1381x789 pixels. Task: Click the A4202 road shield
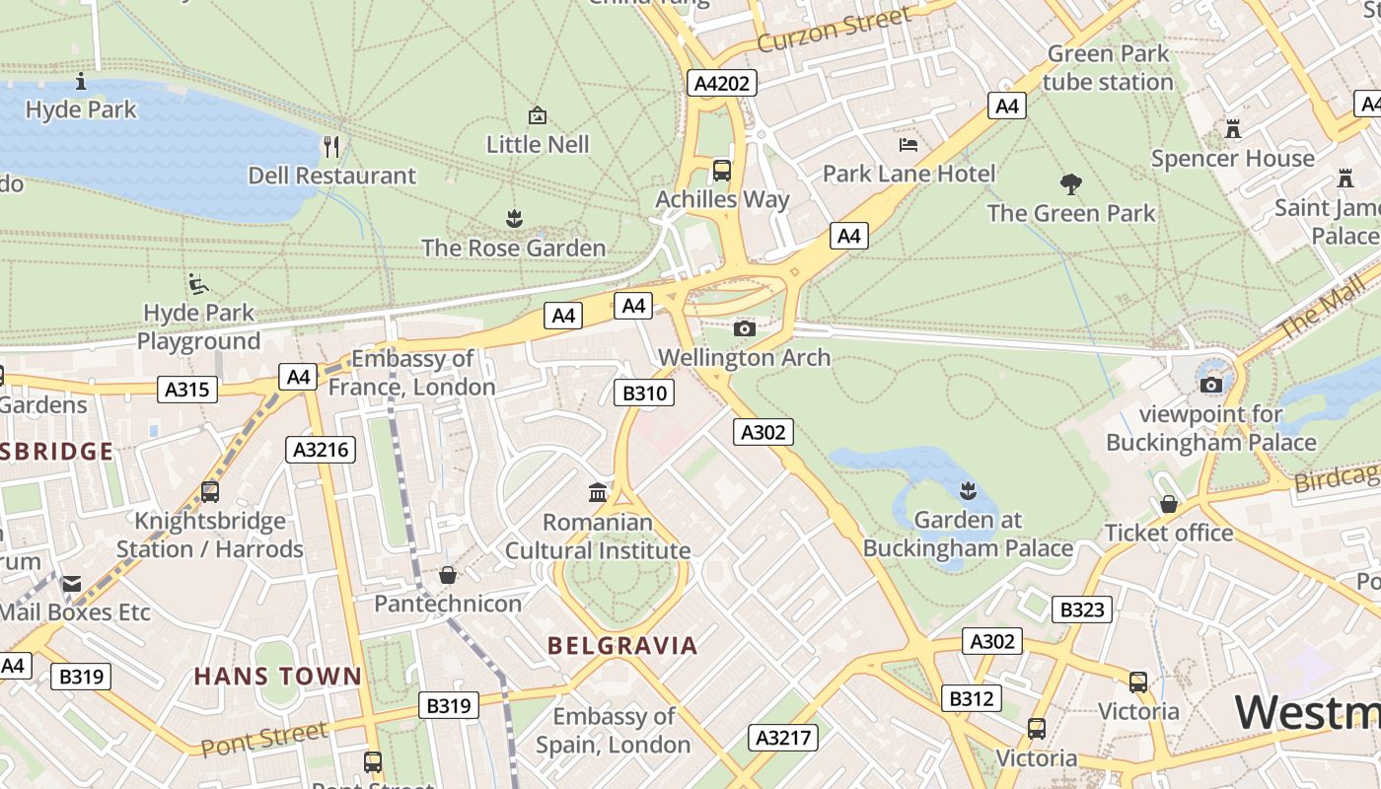point(722,83)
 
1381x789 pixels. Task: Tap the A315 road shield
point(187,390)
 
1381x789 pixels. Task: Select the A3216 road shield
point(321,450)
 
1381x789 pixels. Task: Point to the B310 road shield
point(644,394)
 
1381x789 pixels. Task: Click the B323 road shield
point(1082,610)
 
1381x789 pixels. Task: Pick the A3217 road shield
point(783,737)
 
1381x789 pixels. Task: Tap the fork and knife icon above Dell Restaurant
point(331,147)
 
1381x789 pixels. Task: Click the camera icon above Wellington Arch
point(745,328)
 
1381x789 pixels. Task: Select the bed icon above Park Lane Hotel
point(909,145)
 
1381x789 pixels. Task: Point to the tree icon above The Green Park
point(1071,183)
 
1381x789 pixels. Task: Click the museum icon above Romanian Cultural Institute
point(598,492)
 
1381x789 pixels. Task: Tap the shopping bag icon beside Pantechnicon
point(448,574)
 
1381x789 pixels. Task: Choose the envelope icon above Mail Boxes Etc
point(72,584)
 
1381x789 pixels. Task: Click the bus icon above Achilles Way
point(722,170)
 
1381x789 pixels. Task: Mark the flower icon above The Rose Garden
point(513,218)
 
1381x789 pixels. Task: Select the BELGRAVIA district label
point(622,646)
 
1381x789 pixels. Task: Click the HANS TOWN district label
point(278,677)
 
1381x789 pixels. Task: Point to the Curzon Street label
point(835,30)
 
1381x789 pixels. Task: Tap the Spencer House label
point(1233,158)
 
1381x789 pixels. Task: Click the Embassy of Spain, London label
point(614,730)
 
